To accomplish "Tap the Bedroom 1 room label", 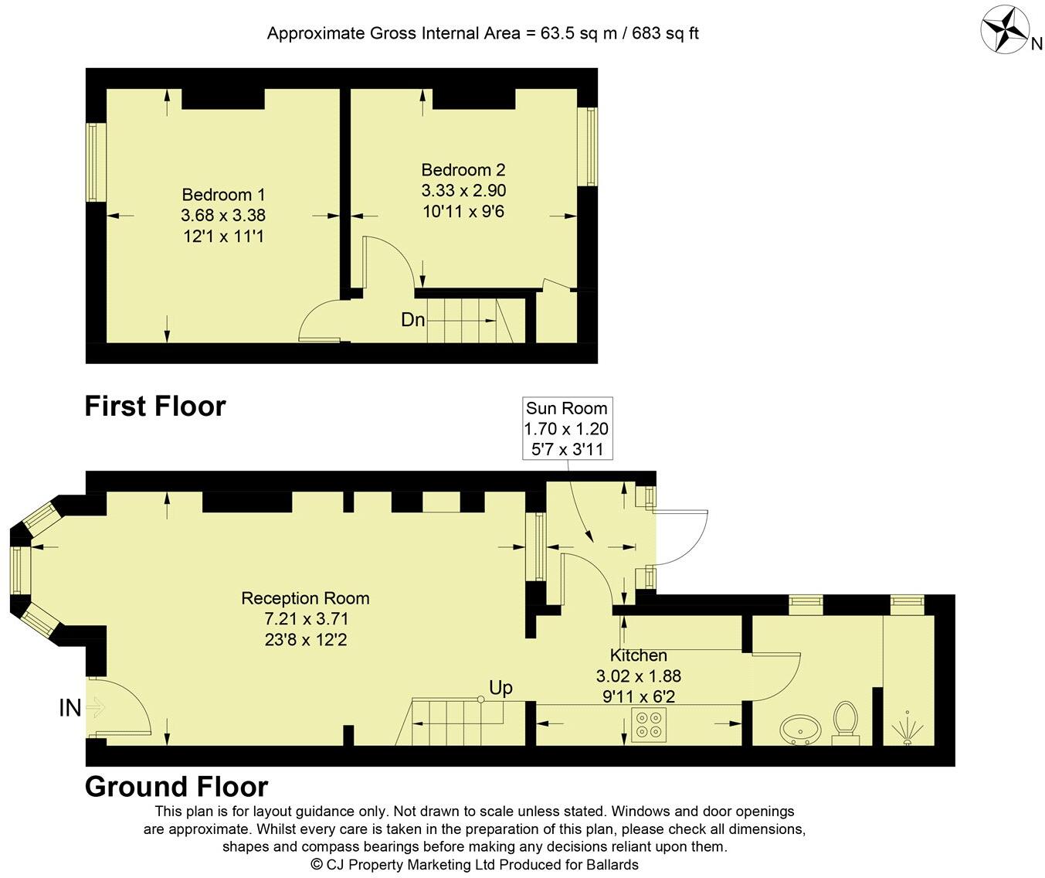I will click(223, 195).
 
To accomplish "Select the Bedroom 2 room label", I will click(463, 170).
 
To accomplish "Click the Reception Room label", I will click(305, 598).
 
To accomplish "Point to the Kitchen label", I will click(638, 655).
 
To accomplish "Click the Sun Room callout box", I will click(566, 429).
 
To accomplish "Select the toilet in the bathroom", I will click(846, 721).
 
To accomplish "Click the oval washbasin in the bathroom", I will click(802, 728).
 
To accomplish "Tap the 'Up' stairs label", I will click(500, 688).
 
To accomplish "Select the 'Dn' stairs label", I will click(412, 319).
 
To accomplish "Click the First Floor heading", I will click(155, 407).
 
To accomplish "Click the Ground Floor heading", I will click(176, 787).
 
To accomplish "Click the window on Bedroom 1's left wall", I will click(95, 162).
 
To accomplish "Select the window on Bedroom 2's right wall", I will click(589, 146).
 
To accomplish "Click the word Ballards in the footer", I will click(608, 864).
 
